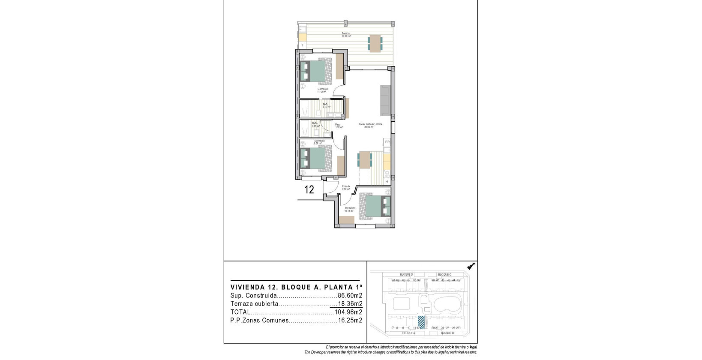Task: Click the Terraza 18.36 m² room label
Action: (x=346, y=35)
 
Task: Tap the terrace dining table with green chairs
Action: (x=375, y=43)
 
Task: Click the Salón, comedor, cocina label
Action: (x=370, y=126)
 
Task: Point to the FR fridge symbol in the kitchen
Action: (x=387, y=142)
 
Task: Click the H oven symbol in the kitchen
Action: (x=387, y=182)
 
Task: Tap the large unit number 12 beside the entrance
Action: (x=309, y=189)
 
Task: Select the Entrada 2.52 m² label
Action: (x=346, y=188)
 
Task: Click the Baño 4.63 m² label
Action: (x=326, y=105)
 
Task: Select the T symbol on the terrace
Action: (x=303, y=45)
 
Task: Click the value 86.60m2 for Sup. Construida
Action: (x=350, y=296)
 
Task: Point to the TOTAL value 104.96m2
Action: (x=348, y=312)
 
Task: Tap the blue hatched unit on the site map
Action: (x=421, y=322)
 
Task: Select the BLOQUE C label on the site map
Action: (x=444, y=274)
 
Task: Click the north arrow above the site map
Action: (x=471, y=266)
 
